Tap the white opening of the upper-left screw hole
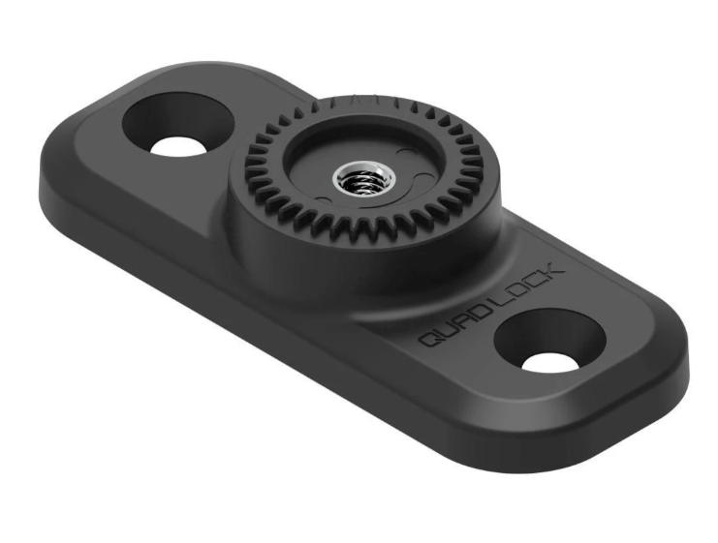tap(181, 144)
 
